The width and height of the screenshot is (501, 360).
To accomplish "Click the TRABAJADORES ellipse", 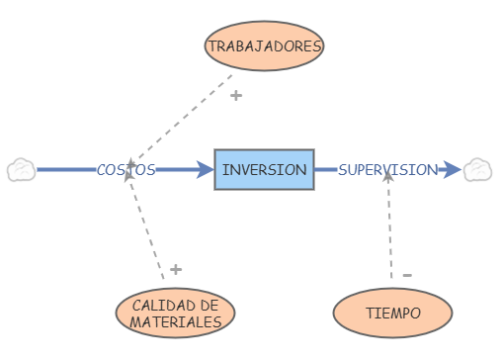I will click(x=265, y=45).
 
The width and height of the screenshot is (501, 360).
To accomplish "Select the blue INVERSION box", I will click(x=264, y=169).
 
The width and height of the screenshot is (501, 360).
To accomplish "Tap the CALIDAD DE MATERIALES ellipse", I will click(x=175, y=313).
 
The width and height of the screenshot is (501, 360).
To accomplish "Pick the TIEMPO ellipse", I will click(x=392, y=313).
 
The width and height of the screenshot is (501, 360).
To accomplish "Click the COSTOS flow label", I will click(x=125, y=169).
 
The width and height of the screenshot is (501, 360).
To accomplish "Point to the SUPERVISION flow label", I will click(x=387, y=169).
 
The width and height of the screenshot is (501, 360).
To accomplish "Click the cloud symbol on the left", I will click(x=21, y=169).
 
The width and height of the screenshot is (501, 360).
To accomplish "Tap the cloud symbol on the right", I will click(x=479, y=169).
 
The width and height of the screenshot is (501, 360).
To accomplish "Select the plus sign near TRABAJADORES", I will click(x=235, y=96).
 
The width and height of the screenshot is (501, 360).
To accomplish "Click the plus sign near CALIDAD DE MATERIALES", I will click(x=175, y=269).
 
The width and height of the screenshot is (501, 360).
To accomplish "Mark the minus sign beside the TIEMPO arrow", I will click(x=407, y=274).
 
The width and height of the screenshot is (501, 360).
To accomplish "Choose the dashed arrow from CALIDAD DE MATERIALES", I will click(x=148, y=227).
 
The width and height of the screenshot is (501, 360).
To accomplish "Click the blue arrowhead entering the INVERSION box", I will click(x=206, y=169).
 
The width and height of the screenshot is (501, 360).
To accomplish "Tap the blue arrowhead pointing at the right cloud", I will click(x=453, y=169).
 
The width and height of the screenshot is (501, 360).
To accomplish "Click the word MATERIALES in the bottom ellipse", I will click(x=175, y=322).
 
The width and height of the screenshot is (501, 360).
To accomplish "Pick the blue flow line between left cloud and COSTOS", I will click(x=64, y=169).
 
